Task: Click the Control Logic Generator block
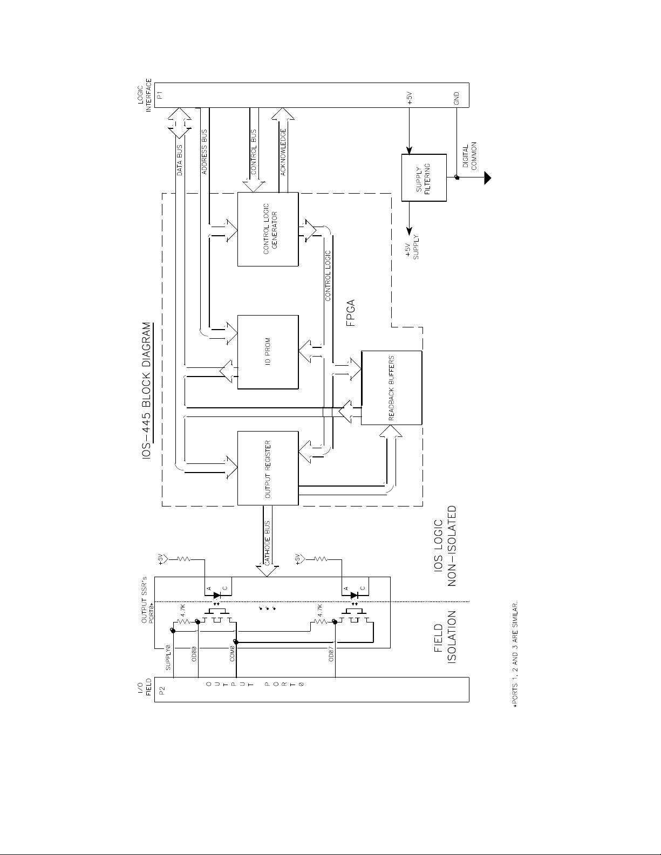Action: [x=268, y=229]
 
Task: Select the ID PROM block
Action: [x=268, y=352]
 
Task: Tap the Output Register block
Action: [x=268, y=468]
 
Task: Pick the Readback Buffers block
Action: [x=392, y=388]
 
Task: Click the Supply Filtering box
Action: [x=424, y=178]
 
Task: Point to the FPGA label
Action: [x=351, y=313]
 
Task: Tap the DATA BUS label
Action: [x=179, y=160]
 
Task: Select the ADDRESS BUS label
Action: [x=205, y=152]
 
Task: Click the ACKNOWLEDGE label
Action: [x=283, y=152]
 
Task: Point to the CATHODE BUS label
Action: [x=267, y=543]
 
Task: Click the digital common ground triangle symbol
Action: [x=488, y=178]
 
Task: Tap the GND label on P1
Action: [x=456, y=98]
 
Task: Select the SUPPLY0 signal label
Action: [x=168, y=658]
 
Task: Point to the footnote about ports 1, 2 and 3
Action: [x=515, y=654]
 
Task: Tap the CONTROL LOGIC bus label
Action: [x=328, y=276]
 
